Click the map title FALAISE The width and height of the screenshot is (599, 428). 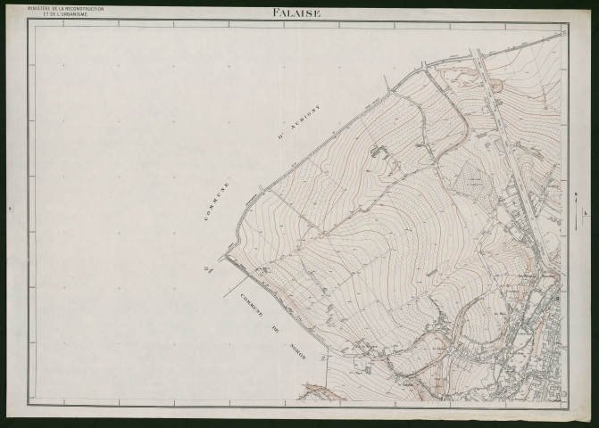coord(300,12)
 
